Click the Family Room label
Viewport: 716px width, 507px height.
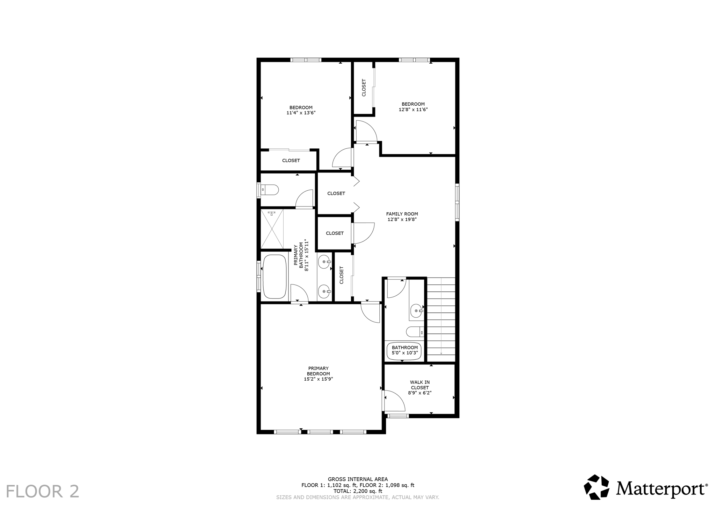pos(402,214)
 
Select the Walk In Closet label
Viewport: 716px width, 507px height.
pos(420,385)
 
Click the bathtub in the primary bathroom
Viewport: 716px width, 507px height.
pos(275,276)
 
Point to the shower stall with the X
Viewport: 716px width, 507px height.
pos(272,229)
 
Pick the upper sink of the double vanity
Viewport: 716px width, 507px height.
pos(324,262)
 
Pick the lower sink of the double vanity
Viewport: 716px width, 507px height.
pos(324,291)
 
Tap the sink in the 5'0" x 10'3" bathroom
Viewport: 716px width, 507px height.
pos(416,310)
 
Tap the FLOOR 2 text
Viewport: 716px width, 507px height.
pos(43,491)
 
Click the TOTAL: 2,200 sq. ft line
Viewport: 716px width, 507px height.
pos(358,491)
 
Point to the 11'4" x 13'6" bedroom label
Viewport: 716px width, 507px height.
pos(301,110)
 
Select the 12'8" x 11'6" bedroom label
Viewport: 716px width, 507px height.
pos(413,106)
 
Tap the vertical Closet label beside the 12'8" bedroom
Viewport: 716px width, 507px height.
pos(364,88)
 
